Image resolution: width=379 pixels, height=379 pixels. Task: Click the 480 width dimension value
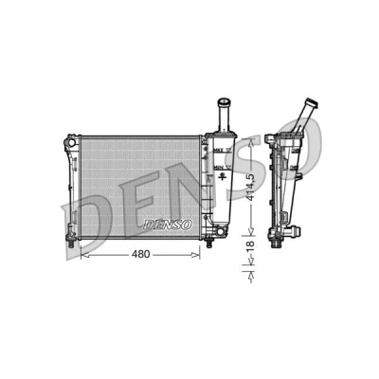point(141,254)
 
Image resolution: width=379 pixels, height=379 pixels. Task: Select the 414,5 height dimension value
point(251,187)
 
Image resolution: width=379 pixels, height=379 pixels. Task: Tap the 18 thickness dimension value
point(250,246)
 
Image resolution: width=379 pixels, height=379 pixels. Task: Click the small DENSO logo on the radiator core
point(168,225)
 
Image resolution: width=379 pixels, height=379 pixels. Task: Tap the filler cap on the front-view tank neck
point(224,102)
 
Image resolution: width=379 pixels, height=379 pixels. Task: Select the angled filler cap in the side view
point(312,103)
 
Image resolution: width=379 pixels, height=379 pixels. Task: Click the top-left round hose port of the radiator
point(72,142)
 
